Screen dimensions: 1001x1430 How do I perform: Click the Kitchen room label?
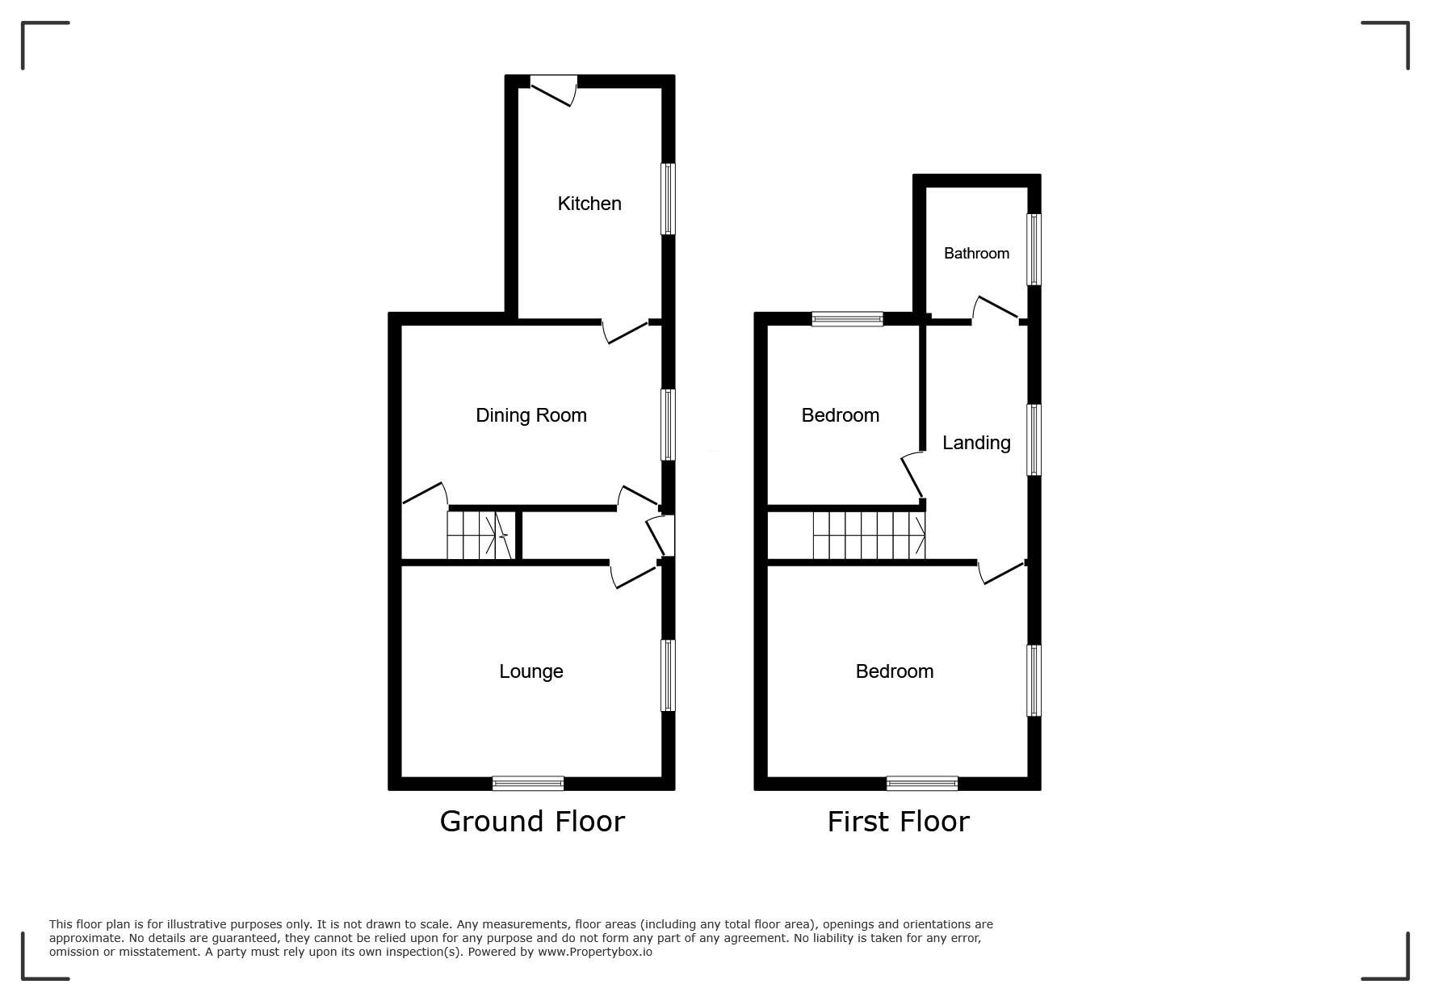589,204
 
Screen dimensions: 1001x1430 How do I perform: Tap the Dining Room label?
530,415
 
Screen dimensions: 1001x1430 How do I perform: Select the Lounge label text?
530,671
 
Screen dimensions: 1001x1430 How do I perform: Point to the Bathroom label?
976,254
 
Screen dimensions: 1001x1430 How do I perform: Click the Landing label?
976,443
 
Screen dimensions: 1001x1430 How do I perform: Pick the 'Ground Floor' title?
532,822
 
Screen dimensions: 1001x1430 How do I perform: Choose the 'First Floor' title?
898,822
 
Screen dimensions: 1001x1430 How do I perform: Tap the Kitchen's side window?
668,200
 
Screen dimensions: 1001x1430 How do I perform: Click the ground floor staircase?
481,535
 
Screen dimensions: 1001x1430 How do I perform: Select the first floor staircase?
869,535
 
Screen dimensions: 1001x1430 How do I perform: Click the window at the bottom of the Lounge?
528,783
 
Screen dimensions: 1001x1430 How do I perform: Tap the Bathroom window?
1034,249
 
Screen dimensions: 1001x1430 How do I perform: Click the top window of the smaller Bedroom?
847,319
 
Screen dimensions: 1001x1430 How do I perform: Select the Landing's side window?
1034,440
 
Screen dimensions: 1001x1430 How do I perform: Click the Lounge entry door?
634,576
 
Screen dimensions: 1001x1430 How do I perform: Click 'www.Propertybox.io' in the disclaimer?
595,952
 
